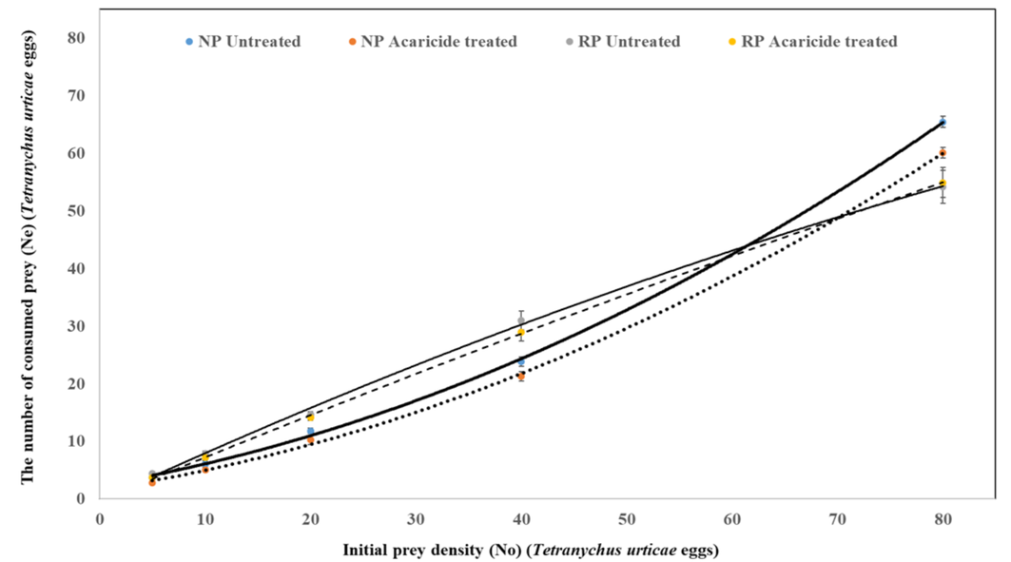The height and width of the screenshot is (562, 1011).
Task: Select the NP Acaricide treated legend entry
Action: pos(429,42)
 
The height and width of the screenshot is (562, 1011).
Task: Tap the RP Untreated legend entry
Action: pos(624,42)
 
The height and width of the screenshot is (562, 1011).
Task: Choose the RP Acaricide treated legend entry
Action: pos(819,42)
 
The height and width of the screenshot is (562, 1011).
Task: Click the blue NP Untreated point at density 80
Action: pos(942,122)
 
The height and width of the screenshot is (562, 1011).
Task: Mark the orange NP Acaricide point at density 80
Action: pos(942,153)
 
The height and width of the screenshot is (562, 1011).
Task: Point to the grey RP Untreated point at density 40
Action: pos(521,320)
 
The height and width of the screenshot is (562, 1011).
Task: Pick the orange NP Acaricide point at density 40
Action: pos(521,376)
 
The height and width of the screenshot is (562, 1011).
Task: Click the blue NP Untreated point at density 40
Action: pos(521,361)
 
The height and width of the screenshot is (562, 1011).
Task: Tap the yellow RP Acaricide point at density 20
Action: pos(310,417)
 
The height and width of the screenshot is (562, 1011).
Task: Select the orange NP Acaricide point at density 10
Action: pos(204,469)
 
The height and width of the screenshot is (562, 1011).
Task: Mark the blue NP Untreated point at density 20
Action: pos(310,431)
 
